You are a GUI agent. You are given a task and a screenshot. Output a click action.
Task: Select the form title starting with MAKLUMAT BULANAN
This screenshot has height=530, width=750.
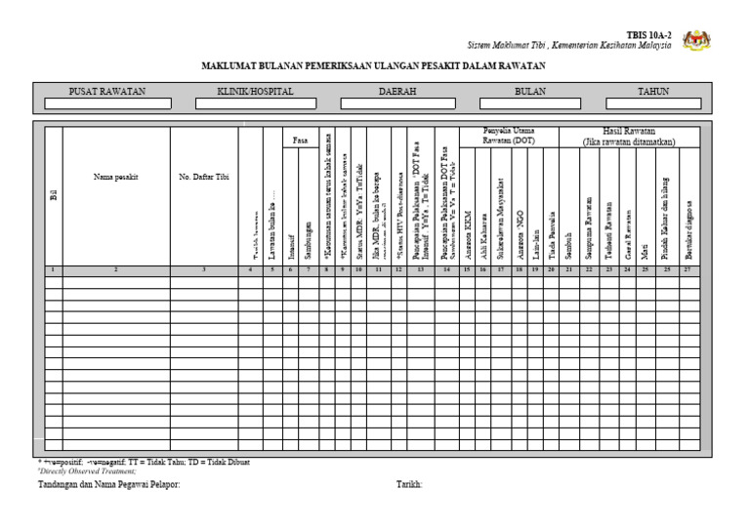[x=373, y=66]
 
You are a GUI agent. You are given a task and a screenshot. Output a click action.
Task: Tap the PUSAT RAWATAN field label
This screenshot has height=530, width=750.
[x=106, y=91]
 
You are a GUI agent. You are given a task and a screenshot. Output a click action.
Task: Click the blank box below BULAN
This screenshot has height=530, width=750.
[x=530, y=103]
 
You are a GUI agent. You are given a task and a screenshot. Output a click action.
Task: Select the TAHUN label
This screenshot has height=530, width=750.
[x=653, y=91]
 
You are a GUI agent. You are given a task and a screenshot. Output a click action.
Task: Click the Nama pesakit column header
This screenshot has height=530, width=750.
[x=115, y=177]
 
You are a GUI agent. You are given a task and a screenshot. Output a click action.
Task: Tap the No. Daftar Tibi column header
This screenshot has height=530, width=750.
[x=203, y=177]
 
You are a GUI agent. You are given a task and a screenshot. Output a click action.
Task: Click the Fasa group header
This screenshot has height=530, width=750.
[x=301, y=141]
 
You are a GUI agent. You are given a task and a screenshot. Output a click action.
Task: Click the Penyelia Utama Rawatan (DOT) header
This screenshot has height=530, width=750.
[x=509, y=136]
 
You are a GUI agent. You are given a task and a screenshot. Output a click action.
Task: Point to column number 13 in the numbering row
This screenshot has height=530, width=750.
[x=420, y=268]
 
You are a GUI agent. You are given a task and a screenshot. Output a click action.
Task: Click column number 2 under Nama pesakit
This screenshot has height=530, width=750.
[x=115, y=268]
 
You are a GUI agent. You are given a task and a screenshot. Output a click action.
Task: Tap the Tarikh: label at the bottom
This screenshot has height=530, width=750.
[x=409, y=484]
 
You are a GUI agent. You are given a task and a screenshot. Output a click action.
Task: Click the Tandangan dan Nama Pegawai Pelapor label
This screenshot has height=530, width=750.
[x=109, y=484]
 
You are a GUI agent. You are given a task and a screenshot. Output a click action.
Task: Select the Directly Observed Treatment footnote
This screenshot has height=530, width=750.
[x=85, y=470]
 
